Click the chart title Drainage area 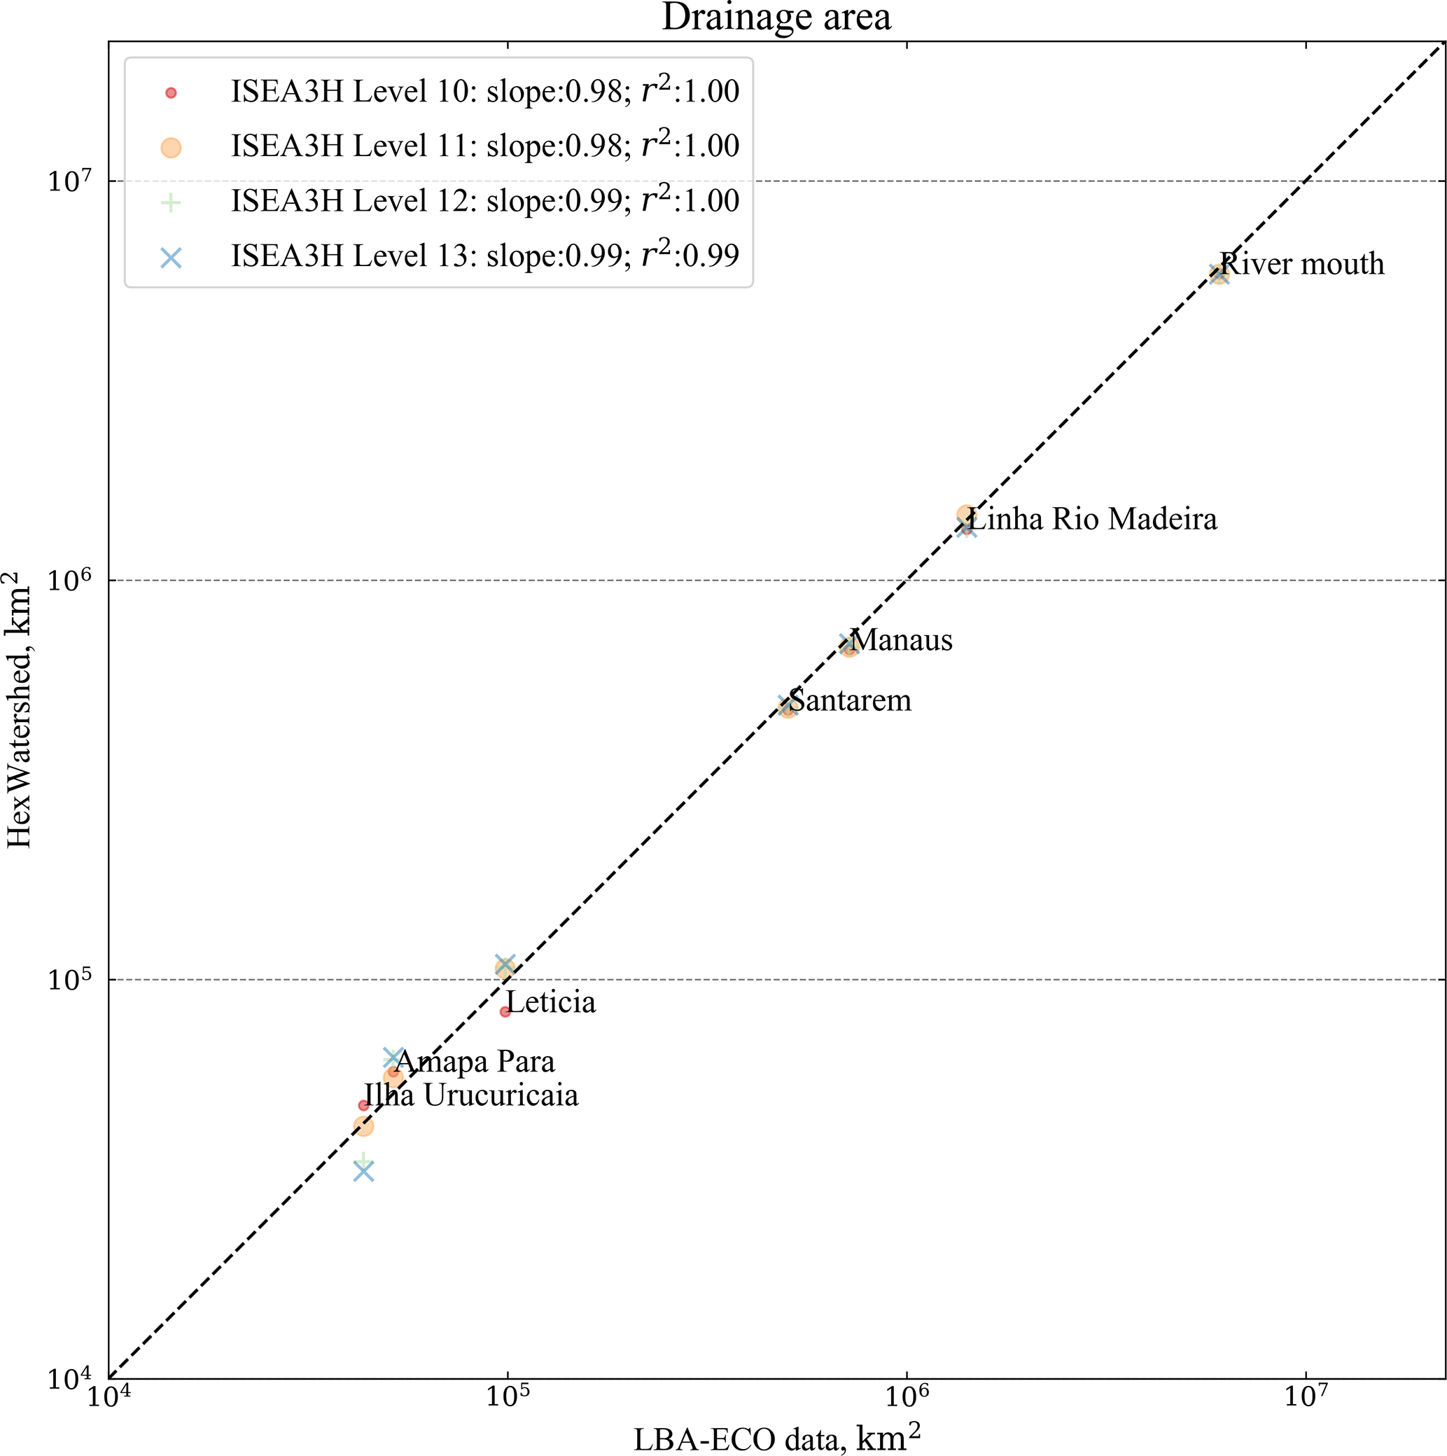[x=776, y=18]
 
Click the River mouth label [x=1302, y=265]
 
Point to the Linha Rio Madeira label [x=1092, y=519]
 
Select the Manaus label [x=902, y=641]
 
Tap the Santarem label [x=851, y=701]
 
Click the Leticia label [x=552, y=1002]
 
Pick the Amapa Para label [x=475, y=1062]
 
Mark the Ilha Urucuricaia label [x=472, y=1096]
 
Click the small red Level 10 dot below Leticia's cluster [x=505, y=1011]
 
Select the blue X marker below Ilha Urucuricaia [x=364, y=1171]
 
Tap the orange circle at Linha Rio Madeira [x=965, y=515]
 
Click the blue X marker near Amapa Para [x=393, y=1058]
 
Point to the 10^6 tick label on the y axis [x=69, y=581]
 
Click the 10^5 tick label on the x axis [x=507, y=1396]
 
